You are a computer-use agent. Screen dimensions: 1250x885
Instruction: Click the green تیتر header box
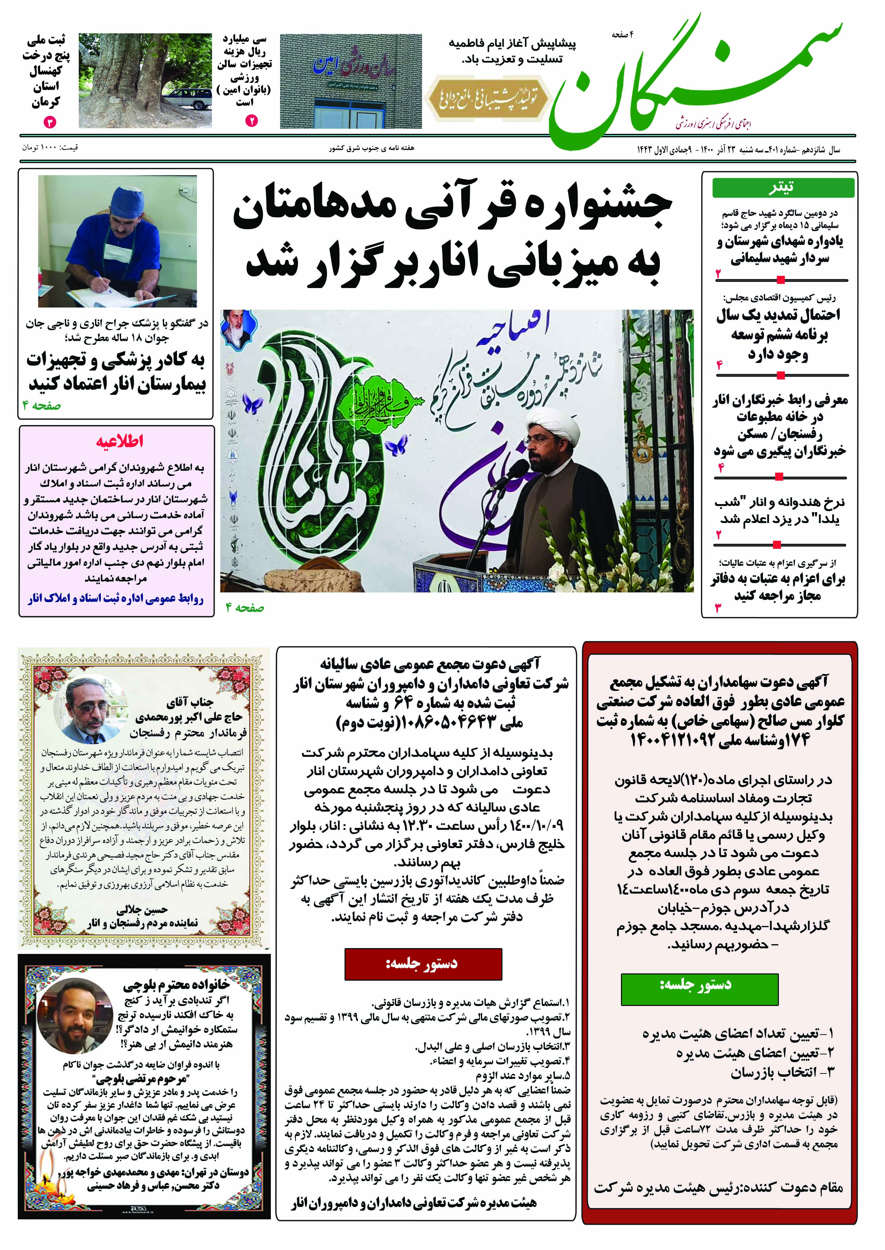click(x=783, y=187)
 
